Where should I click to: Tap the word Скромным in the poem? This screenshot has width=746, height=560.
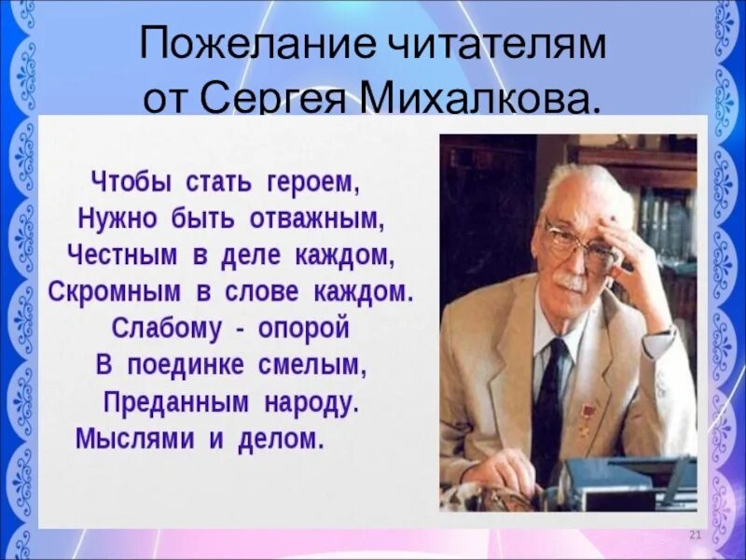115,290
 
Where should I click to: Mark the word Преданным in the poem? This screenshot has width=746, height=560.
163,402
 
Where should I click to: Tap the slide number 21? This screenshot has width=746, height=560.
694,533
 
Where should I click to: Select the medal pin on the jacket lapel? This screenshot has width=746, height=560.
589,413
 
